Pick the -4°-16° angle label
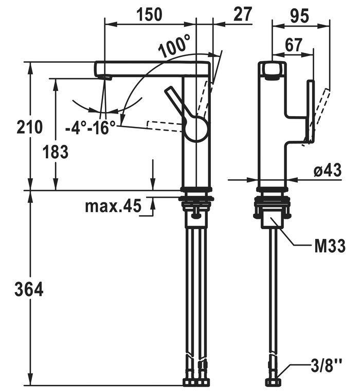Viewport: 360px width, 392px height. pos(91,127)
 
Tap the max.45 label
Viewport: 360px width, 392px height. pos(113,207)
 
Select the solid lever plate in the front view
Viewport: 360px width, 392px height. pos(310,110)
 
